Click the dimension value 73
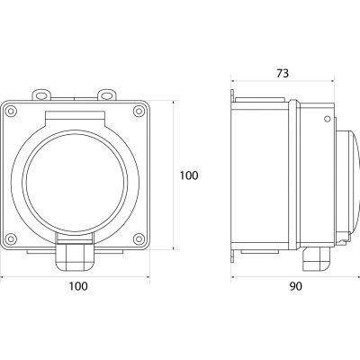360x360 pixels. (283, 73)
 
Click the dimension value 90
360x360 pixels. (296, 286)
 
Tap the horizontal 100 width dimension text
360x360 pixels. (78, 286)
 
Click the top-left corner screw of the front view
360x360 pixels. (11, 111)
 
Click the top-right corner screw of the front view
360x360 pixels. (139, 111)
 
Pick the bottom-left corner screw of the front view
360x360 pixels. (11, 238)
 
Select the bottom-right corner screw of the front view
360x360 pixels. (139, 238)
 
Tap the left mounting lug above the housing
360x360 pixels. (41, 94)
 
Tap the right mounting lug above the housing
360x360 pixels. (107, 94)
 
